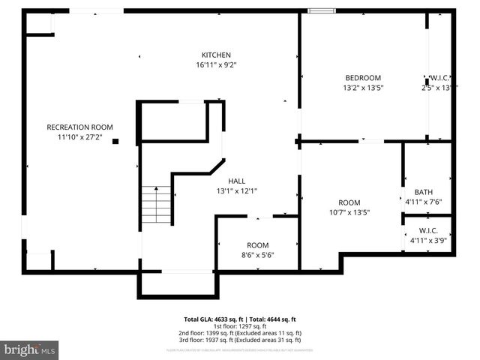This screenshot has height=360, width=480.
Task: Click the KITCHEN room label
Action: pyautogui.click(x=216, y=55)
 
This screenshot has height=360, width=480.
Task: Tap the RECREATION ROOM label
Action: pyautogui.click(x=79, y=127)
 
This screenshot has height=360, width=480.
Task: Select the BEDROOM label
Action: pyautogui.click(x=363, y=78)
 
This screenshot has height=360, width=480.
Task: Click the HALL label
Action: pyautogui.click(x=237, y=181)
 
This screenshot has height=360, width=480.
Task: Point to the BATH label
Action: pyautogui.click(x=413, y=192)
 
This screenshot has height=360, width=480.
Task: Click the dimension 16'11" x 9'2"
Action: pyautogui.click(x=216, y=65)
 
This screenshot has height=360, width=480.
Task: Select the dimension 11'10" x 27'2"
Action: pyautogui.click(x=79, y=137)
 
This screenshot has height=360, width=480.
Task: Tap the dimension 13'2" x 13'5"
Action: pyautogui.click(x=363, y=88)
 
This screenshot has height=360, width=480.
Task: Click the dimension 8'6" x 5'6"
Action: pyautogui.click(x=258, y=256)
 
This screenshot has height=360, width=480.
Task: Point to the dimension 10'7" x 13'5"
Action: pyautogui.click(x=349, y=212)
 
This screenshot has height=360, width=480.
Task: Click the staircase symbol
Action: pyautogui.click(x=156, y=202)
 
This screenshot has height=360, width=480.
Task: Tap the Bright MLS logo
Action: pyautogui.click(x=30, y=349)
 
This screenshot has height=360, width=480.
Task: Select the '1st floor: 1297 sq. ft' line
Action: pyautogui.click(x=240, y=326)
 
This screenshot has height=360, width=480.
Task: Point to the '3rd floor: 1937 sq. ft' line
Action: pyautogui.click(x=240, y=340)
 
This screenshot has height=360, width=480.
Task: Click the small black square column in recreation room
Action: pyautogui.click(x=115, y=141)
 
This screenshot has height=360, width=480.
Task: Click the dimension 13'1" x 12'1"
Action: pyautogui.click(x=237, y=190)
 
